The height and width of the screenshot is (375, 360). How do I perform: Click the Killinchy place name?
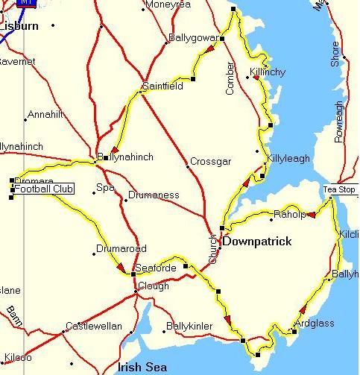click(267, 72)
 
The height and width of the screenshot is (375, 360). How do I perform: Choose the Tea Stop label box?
click(339, 189)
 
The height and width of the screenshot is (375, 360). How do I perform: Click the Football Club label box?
click(42, 190)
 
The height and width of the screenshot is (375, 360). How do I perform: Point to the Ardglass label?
click(314, 323)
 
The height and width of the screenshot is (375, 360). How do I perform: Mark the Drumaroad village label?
click(121, 249)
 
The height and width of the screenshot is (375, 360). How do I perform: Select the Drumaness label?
click(154, 195)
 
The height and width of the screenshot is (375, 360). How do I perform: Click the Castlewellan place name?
click(93, 326)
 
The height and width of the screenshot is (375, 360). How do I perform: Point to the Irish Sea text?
click(142, 367)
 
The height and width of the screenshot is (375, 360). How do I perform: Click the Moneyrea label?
click(168, 5)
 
